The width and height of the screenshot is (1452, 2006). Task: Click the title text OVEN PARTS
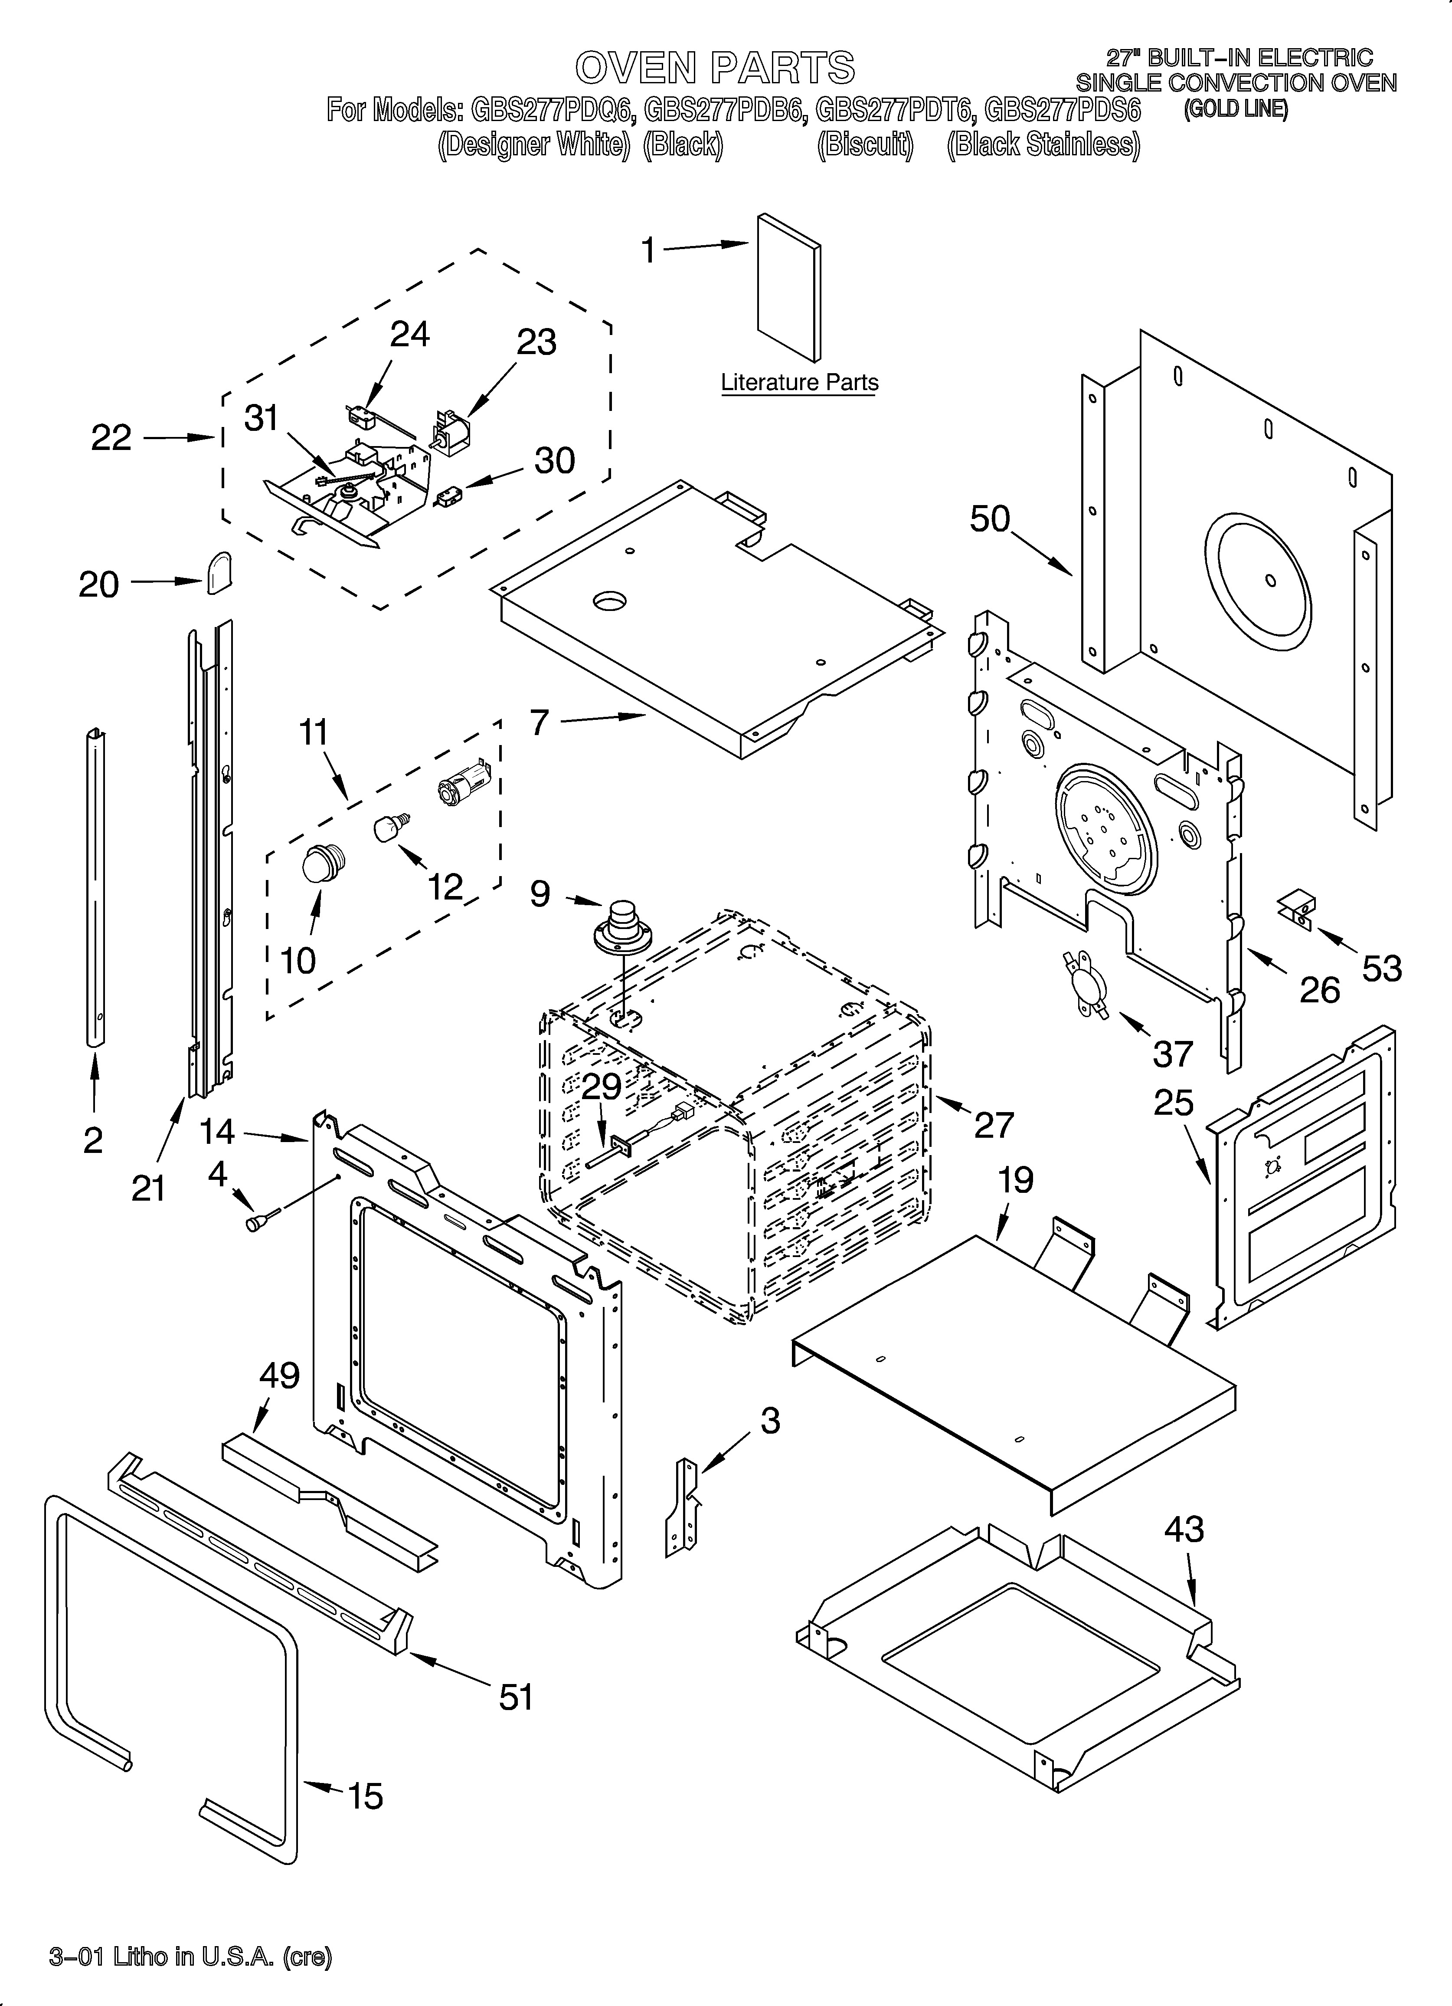714,67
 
